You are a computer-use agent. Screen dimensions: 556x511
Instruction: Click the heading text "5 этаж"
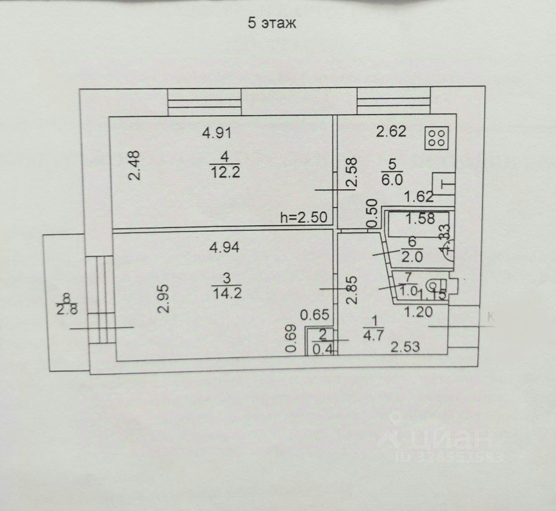pos(272,24)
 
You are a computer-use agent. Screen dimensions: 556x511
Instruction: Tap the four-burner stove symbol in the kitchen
pos(437,138)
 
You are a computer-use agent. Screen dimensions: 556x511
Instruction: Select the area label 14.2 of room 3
pos(226,293)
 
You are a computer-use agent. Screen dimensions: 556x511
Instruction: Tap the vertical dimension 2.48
pos(135,166)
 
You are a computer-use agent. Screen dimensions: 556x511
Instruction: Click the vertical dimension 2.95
pos(165,299)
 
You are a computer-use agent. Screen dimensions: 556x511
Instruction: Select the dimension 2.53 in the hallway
pos(405,348)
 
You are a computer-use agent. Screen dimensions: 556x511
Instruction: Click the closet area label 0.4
pos(323,348)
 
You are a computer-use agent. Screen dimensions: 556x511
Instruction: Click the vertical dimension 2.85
pos(351,290)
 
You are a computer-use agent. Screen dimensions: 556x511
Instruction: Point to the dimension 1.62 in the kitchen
pos(419,196)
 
